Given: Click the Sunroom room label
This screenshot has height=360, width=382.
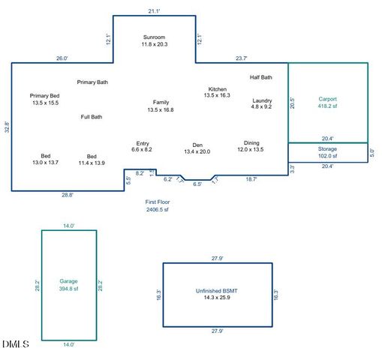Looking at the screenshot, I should (x=154, y=40).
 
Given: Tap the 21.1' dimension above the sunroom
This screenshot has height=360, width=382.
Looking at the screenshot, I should (x=154, y=11).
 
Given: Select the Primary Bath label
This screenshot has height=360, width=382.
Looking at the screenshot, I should (x=92, y=82).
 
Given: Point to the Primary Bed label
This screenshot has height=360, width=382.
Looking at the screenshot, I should (x=45, y=99).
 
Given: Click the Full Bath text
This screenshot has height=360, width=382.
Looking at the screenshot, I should (x=92, y=117).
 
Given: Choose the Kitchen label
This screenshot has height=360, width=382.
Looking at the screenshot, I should (x=218, y=92).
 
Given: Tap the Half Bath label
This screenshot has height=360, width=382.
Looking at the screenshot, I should (x=261, y=77).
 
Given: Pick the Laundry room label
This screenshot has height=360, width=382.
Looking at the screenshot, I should (x=262, y=103).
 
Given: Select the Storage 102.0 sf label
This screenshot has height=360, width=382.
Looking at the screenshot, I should (x=328, y=153).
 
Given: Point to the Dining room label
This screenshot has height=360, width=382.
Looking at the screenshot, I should (x=251, y=145).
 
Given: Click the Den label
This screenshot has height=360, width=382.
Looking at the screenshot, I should (x=197, y=148).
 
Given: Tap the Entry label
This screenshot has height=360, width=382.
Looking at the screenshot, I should (x=142, y=146).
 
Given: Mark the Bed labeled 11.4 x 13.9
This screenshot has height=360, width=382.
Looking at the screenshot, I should (x=92, y=159).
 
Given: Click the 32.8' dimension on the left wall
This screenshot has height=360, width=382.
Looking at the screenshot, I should (x=7, y=127).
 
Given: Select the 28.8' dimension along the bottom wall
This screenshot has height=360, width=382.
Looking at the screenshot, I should (x=67, y=195).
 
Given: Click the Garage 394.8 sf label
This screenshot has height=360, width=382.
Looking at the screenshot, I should (x=68, y=285).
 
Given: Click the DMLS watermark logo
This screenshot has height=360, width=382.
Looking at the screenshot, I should (x=15, y=344).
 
